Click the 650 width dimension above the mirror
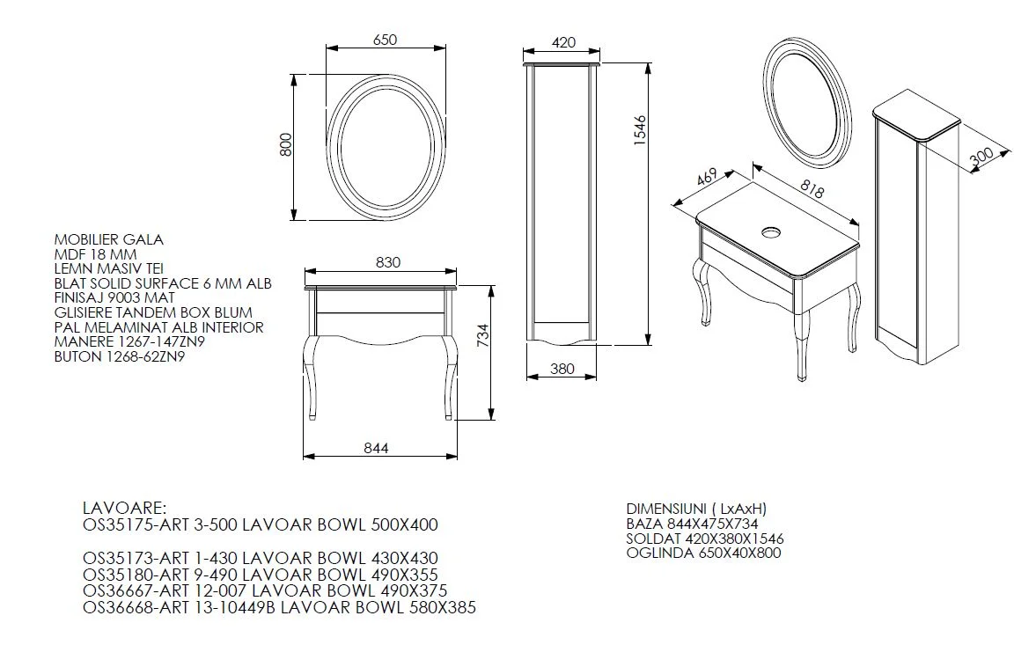[386, 40]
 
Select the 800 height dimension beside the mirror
[285, 144]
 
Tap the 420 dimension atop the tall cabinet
[563, 42]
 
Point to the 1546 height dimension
[640, 131]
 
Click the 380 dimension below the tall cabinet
[562, 369]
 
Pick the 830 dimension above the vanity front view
[388, 262]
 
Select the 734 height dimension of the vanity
[483, 335]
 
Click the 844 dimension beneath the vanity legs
[377, 448]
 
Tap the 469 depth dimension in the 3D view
[706, 178]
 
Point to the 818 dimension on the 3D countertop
[812, 189]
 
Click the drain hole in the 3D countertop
[772, 232]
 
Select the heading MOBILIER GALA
[109, 239]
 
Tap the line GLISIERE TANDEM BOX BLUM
[153, 312]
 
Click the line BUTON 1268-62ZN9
[120, 356]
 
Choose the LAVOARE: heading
[125, 509]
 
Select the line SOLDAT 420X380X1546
[705, 539]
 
